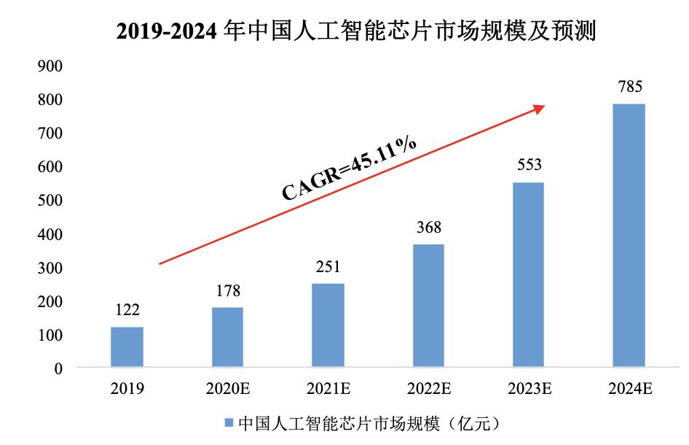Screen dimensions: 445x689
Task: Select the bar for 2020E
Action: pyautogui.click(x=227, y=337)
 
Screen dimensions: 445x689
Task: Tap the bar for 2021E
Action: pyautogui.click(x=328, y=325)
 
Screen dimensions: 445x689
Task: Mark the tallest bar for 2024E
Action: pyautogui.click(x=629, y=235)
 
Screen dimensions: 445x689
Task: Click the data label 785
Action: pyautogui.click(x=629, y=88)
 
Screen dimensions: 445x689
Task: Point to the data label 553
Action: pyautogui.click(x=529, y=166)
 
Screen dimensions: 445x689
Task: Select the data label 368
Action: pyautogui.click(x=428, y=228)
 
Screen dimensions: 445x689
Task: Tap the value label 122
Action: pyautogui.click(x=127, y=311)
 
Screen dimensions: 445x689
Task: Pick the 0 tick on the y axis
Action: pyautogui.click(x=58, y=368)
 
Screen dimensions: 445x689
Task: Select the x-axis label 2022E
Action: pyautogui.click(x=428, y=389)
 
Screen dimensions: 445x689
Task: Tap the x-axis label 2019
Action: pyautogui.click(x=127, y=389)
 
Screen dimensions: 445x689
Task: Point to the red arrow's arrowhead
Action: pyautogui.click(x=540, y=108)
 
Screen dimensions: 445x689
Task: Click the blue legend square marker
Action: pyautogui.click(x=227, y=423)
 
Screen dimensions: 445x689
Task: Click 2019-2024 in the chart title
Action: pyautogui.click(x=163, y=33)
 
